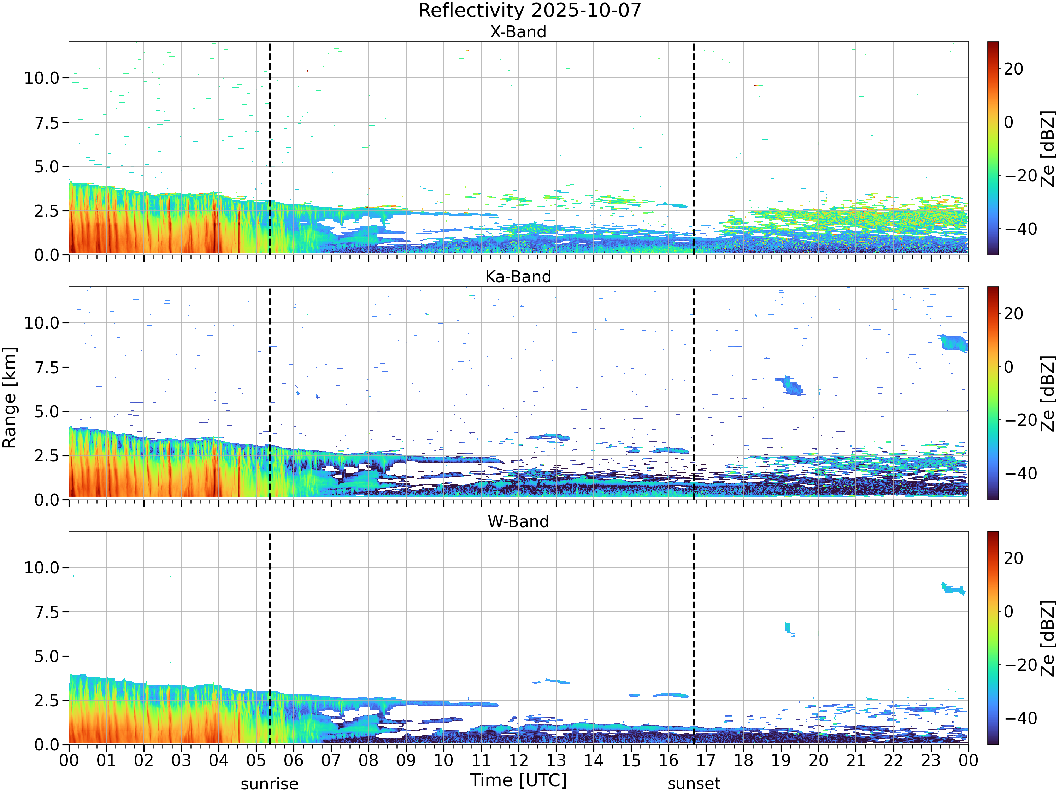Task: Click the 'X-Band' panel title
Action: pyautogui.click(x=518, y=32)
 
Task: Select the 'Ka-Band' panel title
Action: pyautogui.click(x=518, y=277)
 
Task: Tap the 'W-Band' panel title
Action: pyautogui.click(x=518, y=522)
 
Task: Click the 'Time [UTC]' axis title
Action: pyautogui.click(x=518, y=780)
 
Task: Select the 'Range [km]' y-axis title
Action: pyautogui.click(x=10, y=398)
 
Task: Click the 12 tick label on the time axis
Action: pyautogui.click(x=518, y=760)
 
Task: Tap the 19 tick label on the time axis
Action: pyautogui.click(x=781, y=760)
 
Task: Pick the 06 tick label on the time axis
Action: pyautogui.click(x=294, y=760)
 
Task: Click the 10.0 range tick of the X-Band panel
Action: pyautogui.click(x=42, y=78)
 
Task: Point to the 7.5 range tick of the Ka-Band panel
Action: pyautogui.click(x=47, y=367)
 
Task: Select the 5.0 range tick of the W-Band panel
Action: pyautogui.click(x=47, y=656)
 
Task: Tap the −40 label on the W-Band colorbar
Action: pyautogui.click(x=1021, y=718)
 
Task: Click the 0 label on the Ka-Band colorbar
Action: pyautogui.click(x=1009, y=367)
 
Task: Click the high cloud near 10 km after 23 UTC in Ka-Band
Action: pyautogui.click(x=954, y=343)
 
